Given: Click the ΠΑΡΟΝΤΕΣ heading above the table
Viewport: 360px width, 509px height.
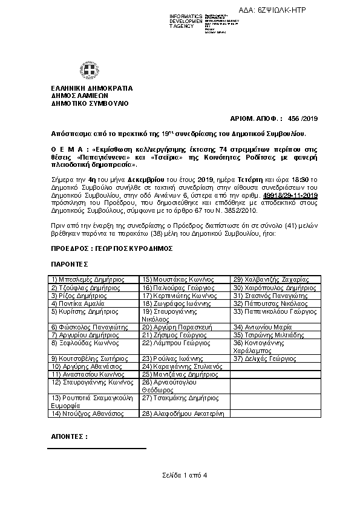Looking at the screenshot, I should click(x=70, y=264).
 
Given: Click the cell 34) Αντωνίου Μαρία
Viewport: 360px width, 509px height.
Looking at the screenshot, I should click(x=259, y=326).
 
